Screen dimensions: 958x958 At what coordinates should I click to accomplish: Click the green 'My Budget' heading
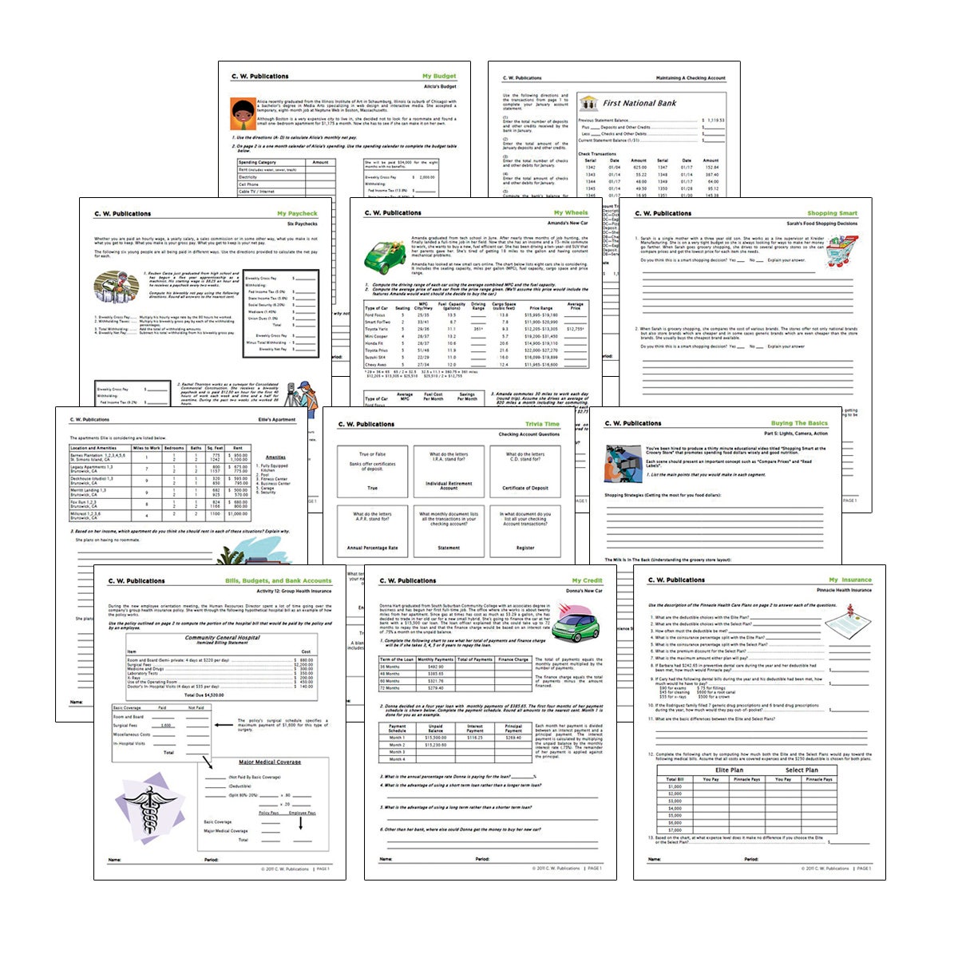(x=439, y=77)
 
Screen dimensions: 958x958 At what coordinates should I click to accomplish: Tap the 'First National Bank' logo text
(x=639, y=103)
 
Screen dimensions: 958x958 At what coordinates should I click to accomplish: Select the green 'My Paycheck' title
(x=297, y=214)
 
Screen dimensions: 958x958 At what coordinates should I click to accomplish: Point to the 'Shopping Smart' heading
(x=832, y=214)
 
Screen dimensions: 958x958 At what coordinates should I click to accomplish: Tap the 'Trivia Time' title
(x=542, y=425)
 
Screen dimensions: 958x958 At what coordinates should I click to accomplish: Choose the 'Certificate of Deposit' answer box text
(x=525, y=488)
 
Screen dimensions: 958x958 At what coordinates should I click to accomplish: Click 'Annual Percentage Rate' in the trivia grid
(x=372, y=548)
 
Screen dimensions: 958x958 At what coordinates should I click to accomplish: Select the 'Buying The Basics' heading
(x=799, y=424)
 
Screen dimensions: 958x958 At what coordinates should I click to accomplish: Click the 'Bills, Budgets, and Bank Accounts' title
(x=278, y=581)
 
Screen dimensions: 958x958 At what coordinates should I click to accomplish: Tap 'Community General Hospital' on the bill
(x=222, y=638)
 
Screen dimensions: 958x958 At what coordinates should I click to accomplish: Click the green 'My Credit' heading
(x=587, y=581)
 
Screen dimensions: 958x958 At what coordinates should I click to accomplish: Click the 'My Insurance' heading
(x=849, y=580)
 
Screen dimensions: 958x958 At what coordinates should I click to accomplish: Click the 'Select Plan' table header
(x=801, y=770)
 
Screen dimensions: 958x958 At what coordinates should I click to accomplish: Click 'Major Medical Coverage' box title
(x=270, y=762)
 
